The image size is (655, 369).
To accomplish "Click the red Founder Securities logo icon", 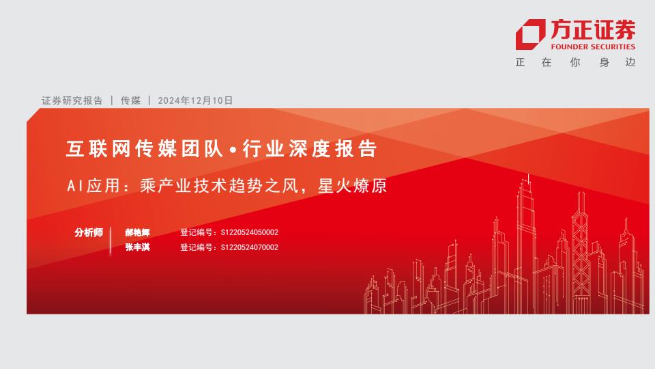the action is point(530,34).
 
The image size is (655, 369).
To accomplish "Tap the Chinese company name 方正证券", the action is point(593,29).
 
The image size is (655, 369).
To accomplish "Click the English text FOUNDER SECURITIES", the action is point(593,47).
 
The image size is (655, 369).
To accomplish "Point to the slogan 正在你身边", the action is point(576,62).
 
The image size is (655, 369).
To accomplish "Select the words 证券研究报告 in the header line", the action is point(72,100).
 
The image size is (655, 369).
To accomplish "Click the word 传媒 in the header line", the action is point(130,100).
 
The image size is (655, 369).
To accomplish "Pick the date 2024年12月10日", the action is point(195,100).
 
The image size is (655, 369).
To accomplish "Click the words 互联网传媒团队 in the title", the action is point(145,149).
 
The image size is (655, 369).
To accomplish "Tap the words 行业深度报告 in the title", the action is point(310,149).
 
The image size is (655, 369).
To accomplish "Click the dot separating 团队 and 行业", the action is point(233,150).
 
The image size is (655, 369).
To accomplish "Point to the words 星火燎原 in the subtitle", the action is point(352,186).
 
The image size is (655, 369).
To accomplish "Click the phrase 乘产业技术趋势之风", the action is point(219,186).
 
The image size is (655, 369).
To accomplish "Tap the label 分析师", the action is point(89,232).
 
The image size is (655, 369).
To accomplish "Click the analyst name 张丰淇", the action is point(137,247).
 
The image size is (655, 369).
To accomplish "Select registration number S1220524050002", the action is point(250,232).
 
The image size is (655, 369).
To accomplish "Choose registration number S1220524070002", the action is point(250,247).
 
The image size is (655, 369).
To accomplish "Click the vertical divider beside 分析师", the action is point(111,241).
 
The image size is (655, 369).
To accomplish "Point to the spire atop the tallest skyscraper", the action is point(528,179).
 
